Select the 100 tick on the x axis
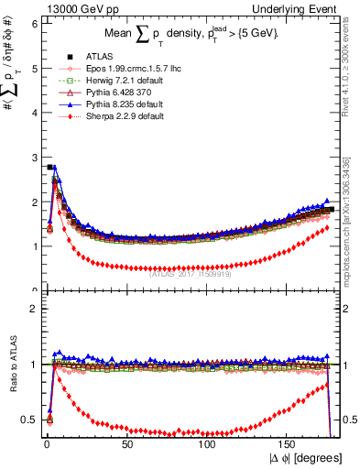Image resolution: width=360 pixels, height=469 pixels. (207, 442)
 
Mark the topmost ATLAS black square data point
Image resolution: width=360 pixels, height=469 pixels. (49, 167)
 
